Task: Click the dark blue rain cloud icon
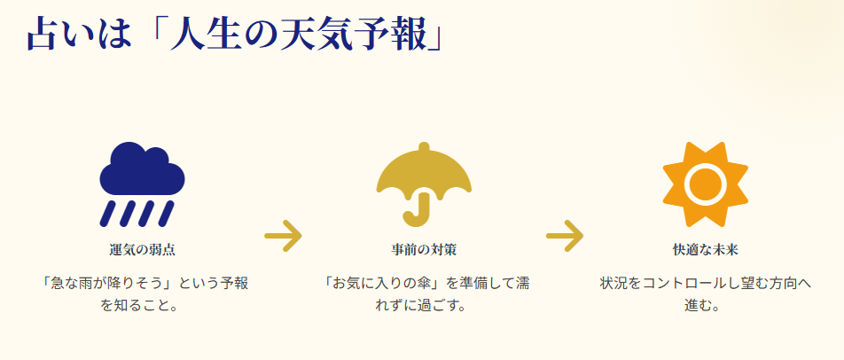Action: click(x=142, y=168)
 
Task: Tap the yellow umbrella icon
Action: click(x=424, y=174)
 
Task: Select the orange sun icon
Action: click(x=706, y=182)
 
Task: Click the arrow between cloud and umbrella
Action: click(x=284, y=236)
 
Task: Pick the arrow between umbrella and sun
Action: click(x=565, y=236)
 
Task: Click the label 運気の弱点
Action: click(x=142, y=249)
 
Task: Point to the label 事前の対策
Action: click(x=424, y=249)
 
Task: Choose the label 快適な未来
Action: click(x=706, y=249)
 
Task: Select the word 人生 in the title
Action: click(x=199, y=35)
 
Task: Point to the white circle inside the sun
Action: click(x=706, y=183)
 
